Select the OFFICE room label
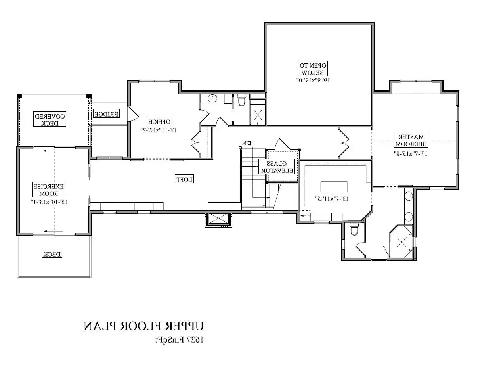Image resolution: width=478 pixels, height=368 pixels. tap(159, 121)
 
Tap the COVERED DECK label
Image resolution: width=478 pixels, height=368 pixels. tap(50, 119)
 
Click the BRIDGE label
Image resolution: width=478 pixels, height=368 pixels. tap(106, 114)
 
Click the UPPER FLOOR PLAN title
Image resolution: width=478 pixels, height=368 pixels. tap(144, 326)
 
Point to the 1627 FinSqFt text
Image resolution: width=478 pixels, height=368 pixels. tap(179, 339)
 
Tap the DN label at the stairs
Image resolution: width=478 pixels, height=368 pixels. tap(247, 143)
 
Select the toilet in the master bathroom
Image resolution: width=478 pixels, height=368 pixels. tap(354, 229)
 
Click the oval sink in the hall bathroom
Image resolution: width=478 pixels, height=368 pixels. tap(213, 98)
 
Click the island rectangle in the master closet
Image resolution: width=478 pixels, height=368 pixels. tap(334, 186)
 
